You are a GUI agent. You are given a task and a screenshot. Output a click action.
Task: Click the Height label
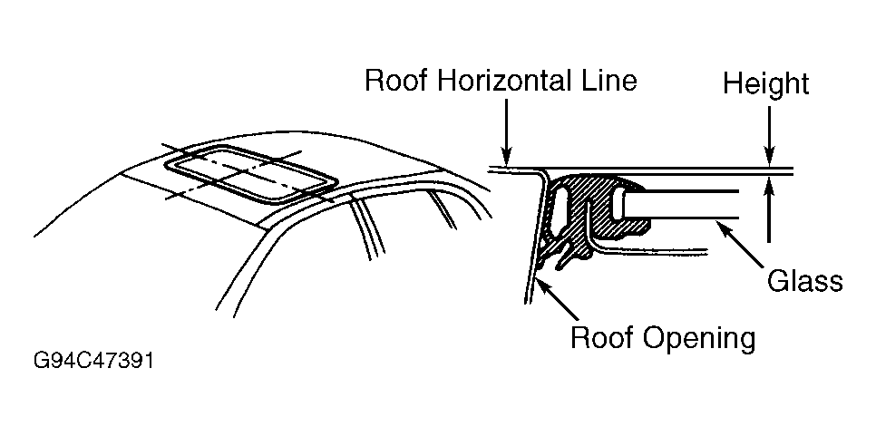click(766, 84)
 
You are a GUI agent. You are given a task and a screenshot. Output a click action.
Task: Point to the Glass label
click(805, 281)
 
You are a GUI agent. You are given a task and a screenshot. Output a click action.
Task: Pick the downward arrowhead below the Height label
click(768, 158)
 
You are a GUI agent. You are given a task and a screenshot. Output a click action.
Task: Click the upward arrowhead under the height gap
click(768, 185)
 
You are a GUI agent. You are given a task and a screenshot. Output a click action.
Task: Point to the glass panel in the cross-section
click(689, 205)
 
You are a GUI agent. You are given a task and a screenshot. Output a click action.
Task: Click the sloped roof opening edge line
click(532, 236)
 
